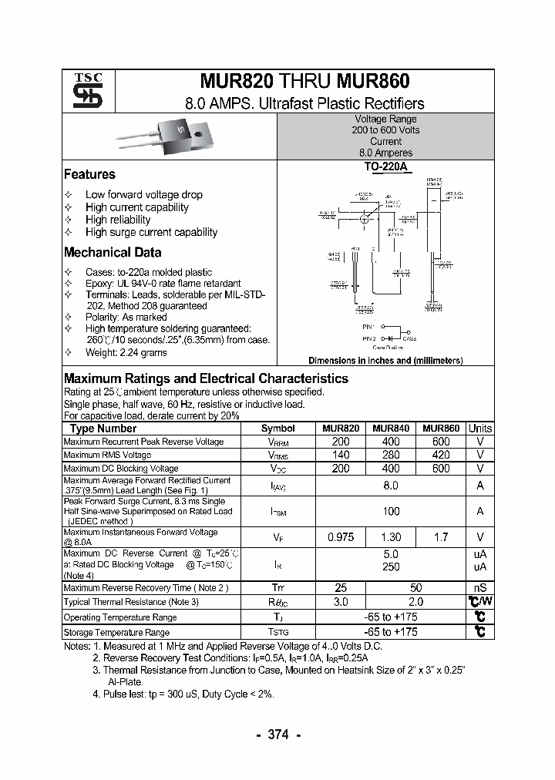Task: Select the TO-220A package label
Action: pyautogui.click(x=385, y=167)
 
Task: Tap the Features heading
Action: pyautogui.click(x=89, y=174)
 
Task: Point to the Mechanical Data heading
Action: pyautogui.click(x=113, y=252)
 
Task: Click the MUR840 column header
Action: pyautogui.click(x=391, y=429)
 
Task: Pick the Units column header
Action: pyautogui.click(x=480, y=429)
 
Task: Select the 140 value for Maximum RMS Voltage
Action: pyautogui.click(x=340, y=455)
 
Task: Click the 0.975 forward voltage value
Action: pyautogui.click(x=340, y=537)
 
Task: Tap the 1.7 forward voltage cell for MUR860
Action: pyautogui.click(x=440, y=537)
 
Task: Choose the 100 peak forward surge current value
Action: pyautogui.click(x=391, y=511)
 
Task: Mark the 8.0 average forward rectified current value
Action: pyautogui.click(x=391, y=486)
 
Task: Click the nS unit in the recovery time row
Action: pyautogui.click(x=480, y=588)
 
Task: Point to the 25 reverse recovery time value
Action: pyautogui.click(x=340, y=588)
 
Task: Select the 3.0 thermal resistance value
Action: pyautogui.click(x=340, y=602)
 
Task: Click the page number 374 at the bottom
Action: pyautogui.click(x=277, y=735)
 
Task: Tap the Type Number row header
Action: pyautogui.click(x=103, y=429)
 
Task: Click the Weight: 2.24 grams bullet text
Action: pyautogui.click(x=126, y=352)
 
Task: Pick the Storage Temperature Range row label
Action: pyautogui.click(x=116, y=633)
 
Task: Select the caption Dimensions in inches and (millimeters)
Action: pyautogui.click(x=385, y=361)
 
